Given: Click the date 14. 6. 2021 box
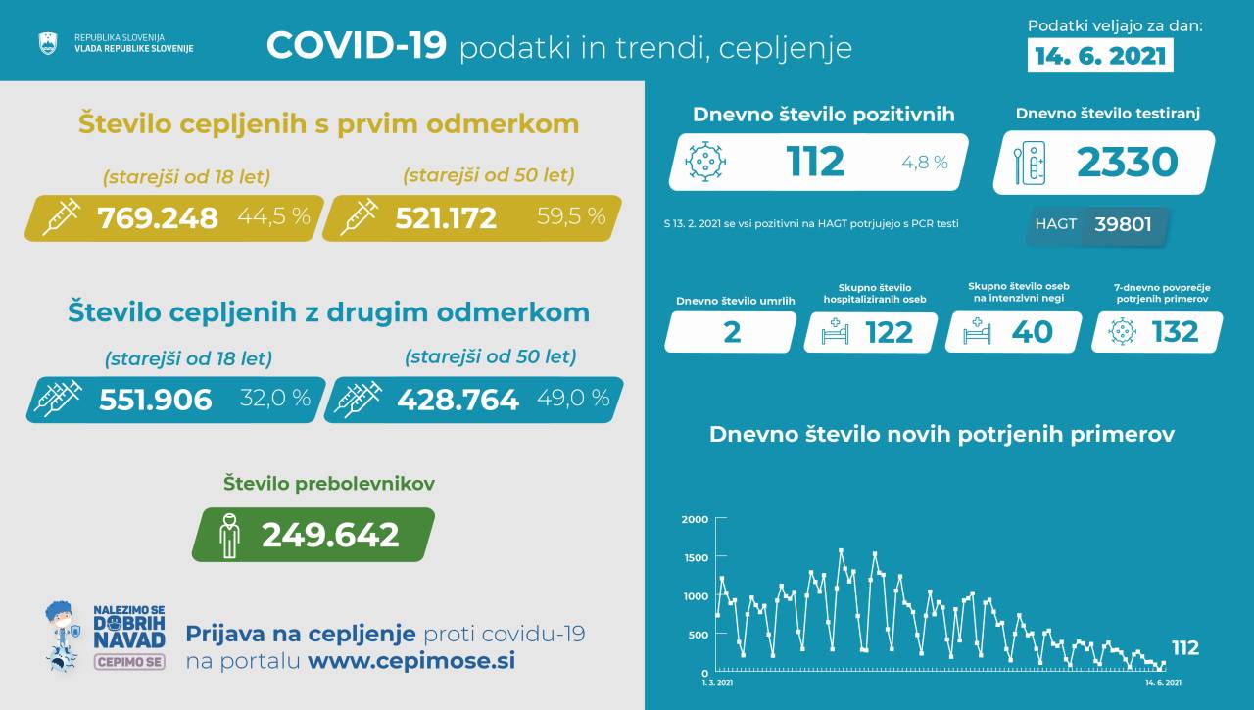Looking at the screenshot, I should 1101,55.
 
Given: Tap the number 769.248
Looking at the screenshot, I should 158,217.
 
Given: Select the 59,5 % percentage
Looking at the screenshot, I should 571,216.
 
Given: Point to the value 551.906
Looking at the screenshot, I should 156,399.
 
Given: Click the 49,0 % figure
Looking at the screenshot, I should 573,398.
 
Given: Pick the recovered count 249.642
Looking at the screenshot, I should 330,535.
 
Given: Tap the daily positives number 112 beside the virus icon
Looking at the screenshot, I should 815,162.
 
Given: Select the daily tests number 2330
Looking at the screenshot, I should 1127,162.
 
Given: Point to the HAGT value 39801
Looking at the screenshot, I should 1123,225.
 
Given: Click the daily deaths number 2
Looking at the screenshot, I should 731,332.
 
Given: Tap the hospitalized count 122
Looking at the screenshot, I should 889,332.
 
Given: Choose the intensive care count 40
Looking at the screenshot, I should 1032,332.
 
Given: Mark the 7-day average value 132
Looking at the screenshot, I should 1175,332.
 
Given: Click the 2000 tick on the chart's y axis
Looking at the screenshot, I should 695,519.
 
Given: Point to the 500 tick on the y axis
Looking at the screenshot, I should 698,635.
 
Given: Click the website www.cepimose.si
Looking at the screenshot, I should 411,660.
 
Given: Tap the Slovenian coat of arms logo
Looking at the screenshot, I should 47,43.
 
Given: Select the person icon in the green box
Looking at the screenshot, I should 230,535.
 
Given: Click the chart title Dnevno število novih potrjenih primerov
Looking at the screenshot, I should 941,434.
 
